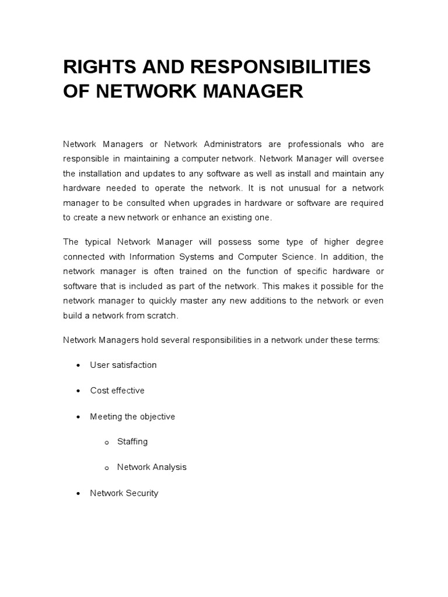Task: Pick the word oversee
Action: (x=367, y=159)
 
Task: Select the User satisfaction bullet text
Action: (x=123, y=365)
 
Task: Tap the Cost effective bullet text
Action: (x=117, y=391)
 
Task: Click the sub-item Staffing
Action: (x=132, y=442)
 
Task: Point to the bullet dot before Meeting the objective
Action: (x=78, y=417)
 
